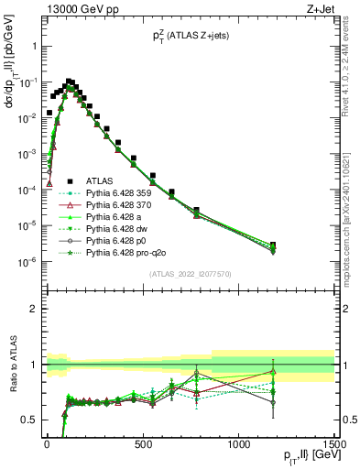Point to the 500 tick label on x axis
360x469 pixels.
click(142, 444)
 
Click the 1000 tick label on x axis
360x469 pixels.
click(238, 444)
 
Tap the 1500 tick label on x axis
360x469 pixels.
click(333, 444)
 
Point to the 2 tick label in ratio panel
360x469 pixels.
click(32, 309)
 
